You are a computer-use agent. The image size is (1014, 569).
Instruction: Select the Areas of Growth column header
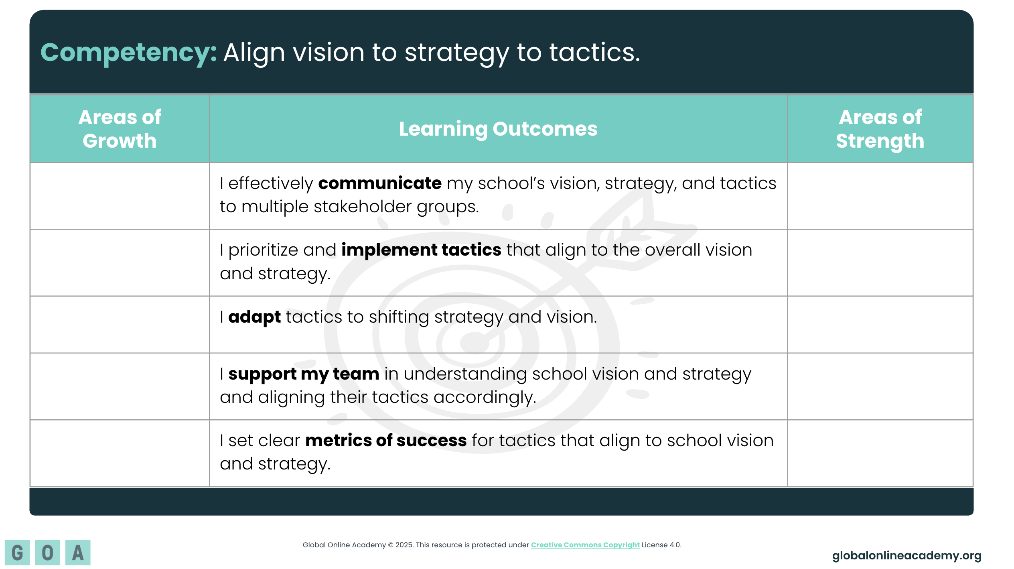coord(120,129)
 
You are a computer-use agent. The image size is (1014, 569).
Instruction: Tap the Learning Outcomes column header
coord(498,129)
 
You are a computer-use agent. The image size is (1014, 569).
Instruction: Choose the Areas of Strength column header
coord(880,129)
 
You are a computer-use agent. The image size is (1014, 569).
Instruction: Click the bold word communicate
coord(380,183)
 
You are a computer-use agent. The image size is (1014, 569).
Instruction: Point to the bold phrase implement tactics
coord(421,250)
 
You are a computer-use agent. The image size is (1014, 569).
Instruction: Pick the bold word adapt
coord(254,317)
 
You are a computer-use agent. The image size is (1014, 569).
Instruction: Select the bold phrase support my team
coord(304,374)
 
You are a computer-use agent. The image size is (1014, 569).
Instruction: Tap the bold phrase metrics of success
coord(386,440)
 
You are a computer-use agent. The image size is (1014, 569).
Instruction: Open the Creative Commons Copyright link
coord(585,545)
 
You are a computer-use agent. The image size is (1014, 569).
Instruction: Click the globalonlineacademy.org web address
coord(907,555)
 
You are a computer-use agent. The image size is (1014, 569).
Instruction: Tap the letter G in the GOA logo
coord(17,553)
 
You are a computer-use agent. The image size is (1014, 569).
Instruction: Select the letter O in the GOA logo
coord(47,553)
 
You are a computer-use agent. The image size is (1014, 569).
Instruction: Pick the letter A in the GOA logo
coord(78,553)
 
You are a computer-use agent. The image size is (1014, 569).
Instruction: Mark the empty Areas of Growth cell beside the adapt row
coord(120,325)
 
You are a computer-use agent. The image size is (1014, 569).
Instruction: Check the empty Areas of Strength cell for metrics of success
coord(880,453)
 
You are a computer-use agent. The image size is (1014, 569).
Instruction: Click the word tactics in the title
coord(594,53)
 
